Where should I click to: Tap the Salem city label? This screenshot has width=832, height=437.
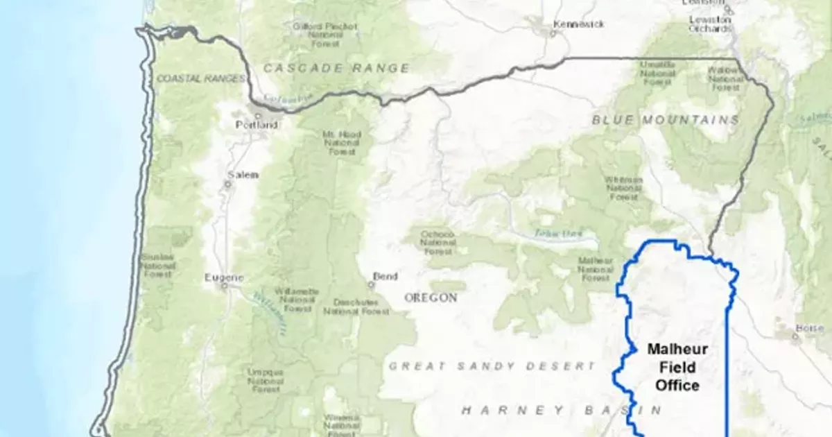click(x=243, y=175)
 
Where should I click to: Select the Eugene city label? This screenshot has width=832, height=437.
click(x=224, y=278)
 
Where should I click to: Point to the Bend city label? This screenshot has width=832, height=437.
click(x=385, y=277)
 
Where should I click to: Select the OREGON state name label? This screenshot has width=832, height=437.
click(x=431, y=298)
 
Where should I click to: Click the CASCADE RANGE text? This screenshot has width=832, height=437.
click(x=336, y=68)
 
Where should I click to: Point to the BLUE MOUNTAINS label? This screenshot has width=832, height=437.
click(x=666, y=120)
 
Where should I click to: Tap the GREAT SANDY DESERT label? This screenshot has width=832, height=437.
click(x=492, y=366)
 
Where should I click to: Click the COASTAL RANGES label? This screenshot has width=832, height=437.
click(x=201, y=78)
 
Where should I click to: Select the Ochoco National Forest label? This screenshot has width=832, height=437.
click(x=437, y=243)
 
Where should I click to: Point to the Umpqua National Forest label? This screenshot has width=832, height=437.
click(x=265, y=380)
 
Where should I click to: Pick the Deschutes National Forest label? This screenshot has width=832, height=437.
click(x=356, y=307)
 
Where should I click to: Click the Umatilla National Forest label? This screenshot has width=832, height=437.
click(x=657, y=73)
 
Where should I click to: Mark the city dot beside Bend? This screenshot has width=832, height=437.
click(x=371, y=284)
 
